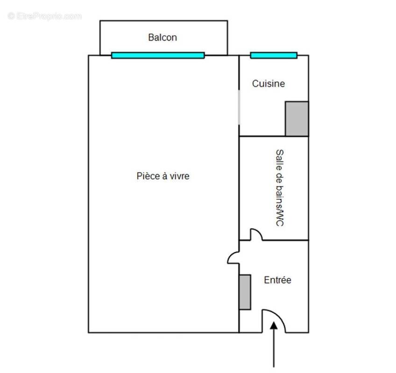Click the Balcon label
pyautogui.click(x=163, y=37)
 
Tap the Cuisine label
pyautogui.click(x=269, y=84)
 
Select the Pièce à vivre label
pyautogui.click(x=163, y=176)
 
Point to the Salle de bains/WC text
pyautogui.click(x=279, y=188)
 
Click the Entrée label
pyautogui.click(x=277, y=280)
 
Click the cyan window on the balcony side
pyautogui.click(x=158, y=55)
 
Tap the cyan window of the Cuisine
pyautogui.click(x=274, y=55)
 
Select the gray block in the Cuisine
pyautogui.click(x=297, y=119)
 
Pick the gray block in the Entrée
pyautogui.click(x=245, y=292)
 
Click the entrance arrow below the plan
pyautogui.click(x=274, y=345)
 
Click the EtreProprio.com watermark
pyautogui.click(x=45, y=16)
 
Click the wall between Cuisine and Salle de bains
pyautogui.click(x=274, y=137)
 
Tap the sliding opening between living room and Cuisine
pyautogui.click(x=239, y=107)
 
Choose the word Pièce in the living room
pyautogui.click(x=147, y=176)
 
